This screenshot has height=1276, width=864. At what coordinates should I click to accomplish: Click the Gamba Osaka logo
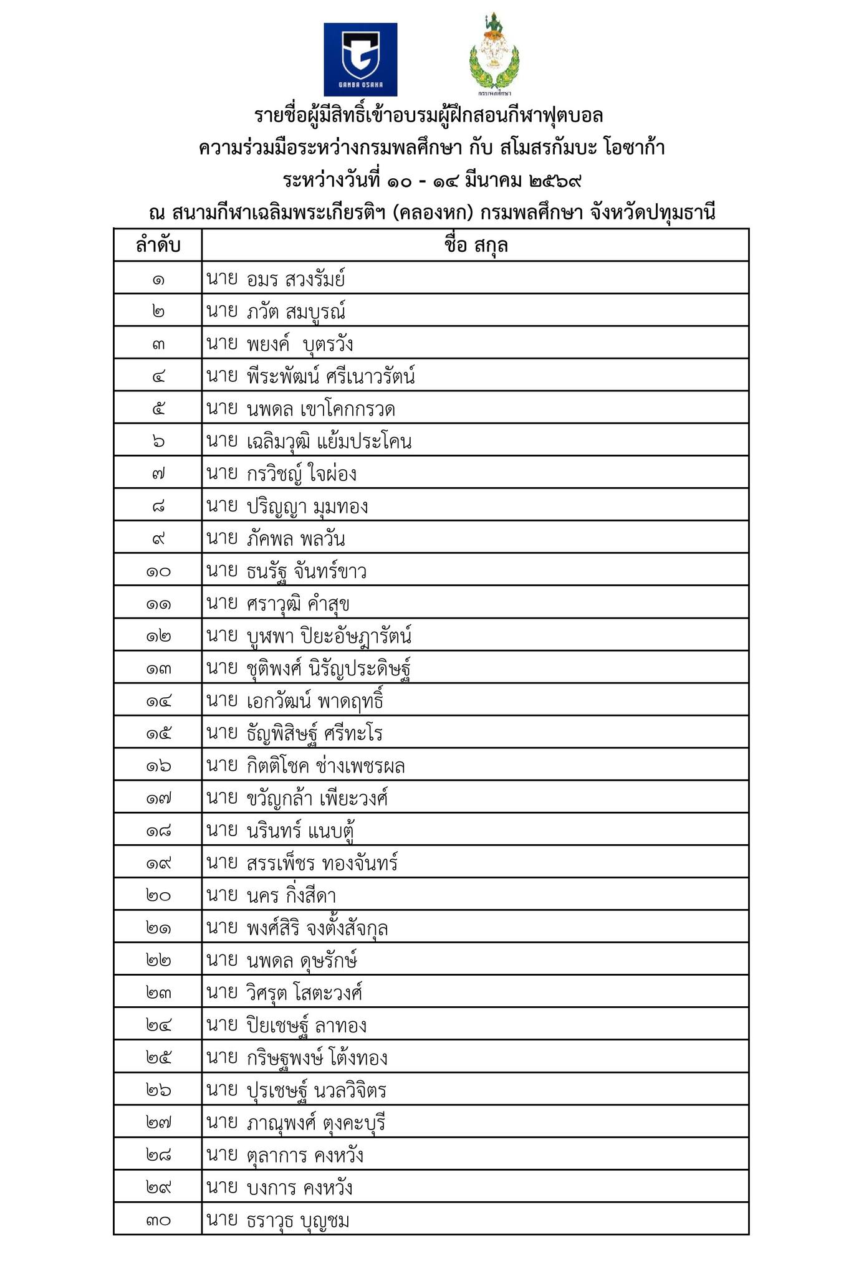point(360,59)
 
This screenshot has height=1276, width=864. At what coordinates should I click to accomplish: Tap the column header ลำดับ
point(158,245)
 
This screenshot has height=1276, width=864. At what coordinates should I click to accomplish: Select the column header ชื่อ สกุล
point(476,245)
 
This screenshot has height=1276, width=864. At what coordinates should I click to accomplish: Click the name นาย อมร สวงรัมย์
point(276,279)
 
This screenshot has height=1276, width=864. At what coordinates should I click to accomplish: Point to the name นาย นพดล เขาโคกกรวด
point(300,409)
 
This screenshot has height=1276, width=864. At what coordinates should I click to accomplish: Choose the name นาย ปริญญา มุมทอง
point(287,506)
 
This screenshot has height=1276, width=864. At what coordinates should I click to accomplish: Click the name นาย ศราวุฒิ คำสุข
point(278,604)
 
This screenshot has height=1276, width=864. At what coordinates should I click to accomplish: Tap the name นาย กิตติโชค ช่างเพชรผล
point(305,766)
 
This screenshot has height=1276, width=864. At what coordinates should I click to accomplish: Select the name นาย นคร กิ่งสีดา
point(271,895)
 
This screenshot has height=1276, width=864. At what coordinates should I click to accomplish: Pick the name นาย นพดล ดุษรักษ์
point(282,960)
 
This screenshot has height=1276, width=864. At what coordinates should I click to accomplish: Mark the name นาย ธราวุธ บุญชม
point(278,1220)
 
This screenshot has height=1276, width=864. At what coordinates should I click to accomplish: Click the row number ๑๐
point(158,571)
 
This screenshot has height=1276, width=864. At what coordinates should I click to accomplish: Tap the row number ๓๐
point(158,1220)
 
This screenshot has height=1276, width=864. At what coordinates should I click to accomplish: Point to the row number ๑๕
point(158,733)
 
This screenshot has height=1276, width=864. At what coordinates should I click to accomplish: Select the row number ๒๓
point(158,993)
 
